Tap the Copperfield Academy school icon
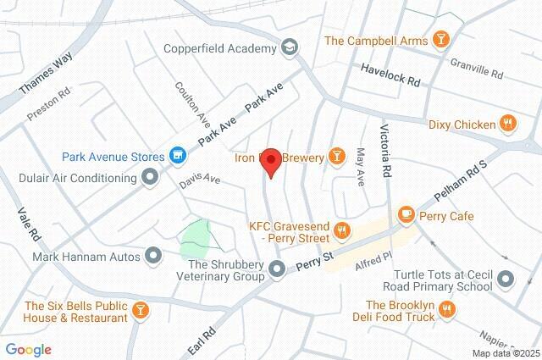point(290,48)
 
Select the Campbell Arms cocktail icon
point(440,40)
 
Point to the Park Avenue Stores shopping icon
point(177,156)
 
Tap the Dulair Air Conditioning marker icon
point(151,178)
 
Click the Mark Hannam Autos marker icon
point(153,255)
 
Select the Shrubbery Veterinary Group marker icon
point(278,270)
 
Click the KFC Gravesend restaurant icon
point(342,230)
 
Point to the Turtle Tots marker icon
point(506,278)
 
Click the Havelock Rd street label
point(390,76)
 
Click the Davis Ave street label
point(199,181)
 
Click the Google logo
point(28,349)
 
